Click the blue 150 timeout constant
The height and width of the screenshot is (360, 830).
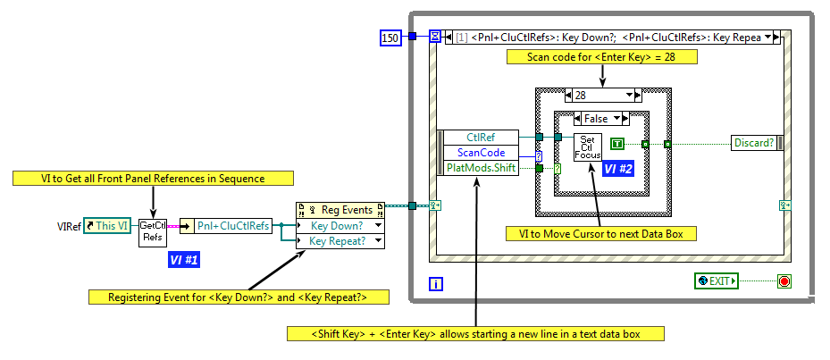tap(390, 37)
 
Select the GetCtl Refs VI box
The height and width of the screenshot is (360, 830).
tap(153, 232)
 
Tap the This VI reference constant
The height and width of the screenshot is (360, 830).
tap(107, 226)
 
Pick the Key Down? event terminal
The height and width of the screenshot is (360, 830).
tap(340, 226)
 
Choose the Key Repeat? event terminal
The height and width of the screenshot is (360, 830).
tap(340, 241)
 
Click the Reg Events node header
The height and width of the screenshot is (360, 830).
tap(340, 210)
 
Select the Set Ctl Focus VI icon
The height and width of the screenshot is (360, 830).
tap(588, 147)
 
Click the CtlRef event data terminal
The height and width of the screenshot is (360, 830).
tap(481, 137)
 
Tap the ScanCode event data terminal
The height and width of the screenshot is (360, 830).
tap(481, 153)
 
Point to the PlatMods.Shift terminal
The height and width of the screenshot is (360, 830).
tap(481, 168)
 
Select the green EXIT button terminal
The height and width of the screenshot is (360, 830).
tap(717, 281)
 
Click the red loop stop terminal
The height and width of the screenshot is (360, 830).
tap(784, 281)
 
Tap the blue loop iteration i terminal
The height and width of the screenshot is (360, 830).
tap(436, 284)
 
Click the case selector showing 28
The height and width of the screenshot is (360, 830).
tap(603, 96)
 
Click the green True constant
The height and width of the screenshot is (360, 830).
tap(618, 144)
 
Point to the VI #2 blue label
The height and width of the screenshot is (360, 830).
tap(619, 168)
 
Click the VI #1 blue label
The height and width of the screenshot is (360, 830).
tap(184, 260)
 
